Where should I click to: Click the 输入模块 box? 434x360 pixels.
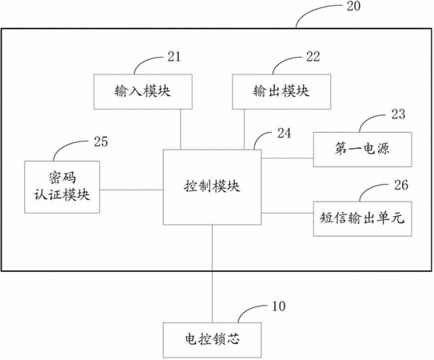point(143,92)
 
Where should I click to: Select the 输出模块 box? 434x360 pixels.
point(281,92)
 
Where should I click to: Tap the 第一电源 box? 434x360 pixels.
point(363,150)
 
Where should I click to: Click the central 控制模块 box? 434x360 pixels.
point(213,187)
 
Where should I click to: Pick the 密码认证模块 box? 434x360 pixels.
point(62,187)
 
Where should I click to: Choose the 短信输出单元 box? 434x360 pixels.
point(363,218)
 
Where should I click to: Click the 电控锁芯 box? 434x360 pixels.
point(213,340)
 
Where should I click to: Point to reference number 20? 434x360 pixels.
point(354,6)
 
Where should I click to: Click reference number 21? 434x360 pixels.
point(174,57)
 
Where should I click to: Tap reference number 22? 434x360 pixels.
point(313,57)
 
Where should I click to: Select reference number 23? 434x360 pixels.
point(398,114)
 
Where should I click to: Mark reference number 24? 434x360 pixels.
point(285,134)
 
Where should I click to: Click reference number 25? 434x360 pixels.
point(101,142)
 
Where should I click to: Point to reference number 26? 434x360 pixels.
point(401,185)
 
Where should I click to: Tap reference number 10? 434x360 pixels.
point(279,306)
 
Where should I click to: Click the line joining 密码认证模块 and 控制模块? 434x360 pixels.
point(131,190)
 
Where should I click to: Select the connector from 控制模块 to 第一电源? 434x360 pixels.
point(288,158)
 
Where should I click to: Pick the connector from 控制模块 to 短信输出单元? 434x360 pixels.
point(288,213)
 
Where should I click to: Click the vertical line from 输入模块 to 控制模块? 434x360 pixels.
point(181,130)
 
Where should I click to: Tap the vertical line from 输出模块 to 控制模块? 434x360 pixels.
point(244,130)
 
